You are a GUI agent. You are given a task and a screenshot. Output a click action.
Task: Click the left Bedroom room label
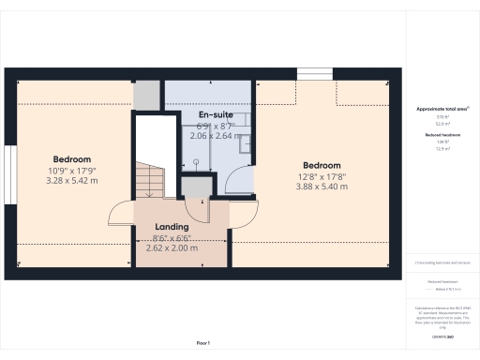[71, 158]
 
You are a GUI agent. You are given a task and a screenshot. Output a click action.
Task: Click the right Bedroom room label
[322, 164]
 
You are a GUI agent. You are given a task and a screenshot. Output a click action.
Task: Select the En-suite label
[216, 114]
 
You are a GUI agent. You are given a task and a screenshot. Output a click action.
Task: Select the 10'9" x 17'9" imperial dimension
[71, 170]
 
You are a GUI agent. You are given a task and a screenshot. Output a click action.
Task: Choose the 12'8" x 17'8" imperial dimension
[322, 175]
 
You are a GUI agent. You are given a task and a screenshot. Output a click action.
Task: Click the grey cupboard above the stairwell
[146, 95]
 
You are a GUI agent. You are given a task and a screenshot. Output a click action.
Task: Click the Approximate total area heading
[442, 109]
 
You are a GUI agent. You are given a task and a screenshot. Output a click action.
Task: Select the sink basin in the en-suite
[245, 143]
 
